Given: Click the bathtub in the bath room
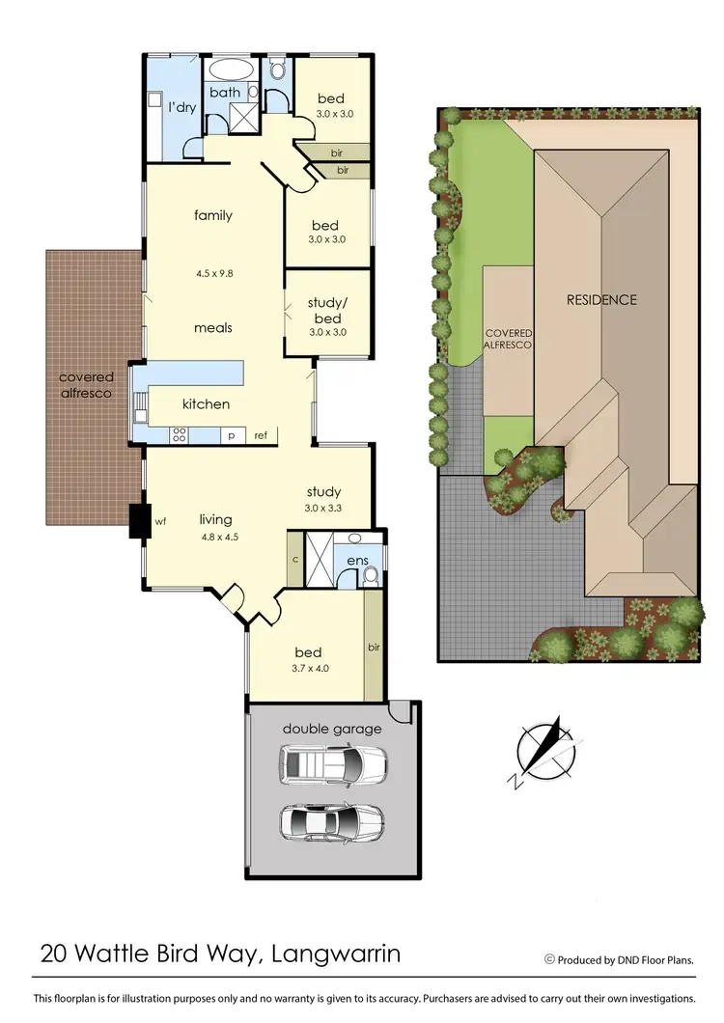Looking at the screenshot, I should tap(228, 71).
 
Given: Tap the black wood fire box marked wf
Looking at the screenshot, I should tap(136, 521).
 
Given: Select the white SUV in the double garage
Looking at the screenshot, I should tap(331, 767).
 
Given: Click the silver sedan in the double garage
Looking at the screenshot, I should tap(331, 822).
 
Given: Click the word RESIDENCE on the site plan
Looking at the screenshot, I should tap(600, 299).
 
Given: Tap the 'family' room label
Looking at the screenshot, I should tap(213, 215).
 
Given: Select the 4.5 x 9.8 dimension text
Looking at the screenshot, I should tap(213, 272).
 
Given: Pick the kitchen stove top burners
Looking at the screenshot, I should tap(179, 434).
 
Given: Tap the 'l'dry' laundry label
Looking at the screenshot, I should tap(182, 107).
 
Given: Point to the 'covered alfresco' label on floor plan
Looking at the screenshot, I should tap(86, 385).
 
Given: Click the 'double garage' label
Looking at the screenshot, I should tap(331, 729).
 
